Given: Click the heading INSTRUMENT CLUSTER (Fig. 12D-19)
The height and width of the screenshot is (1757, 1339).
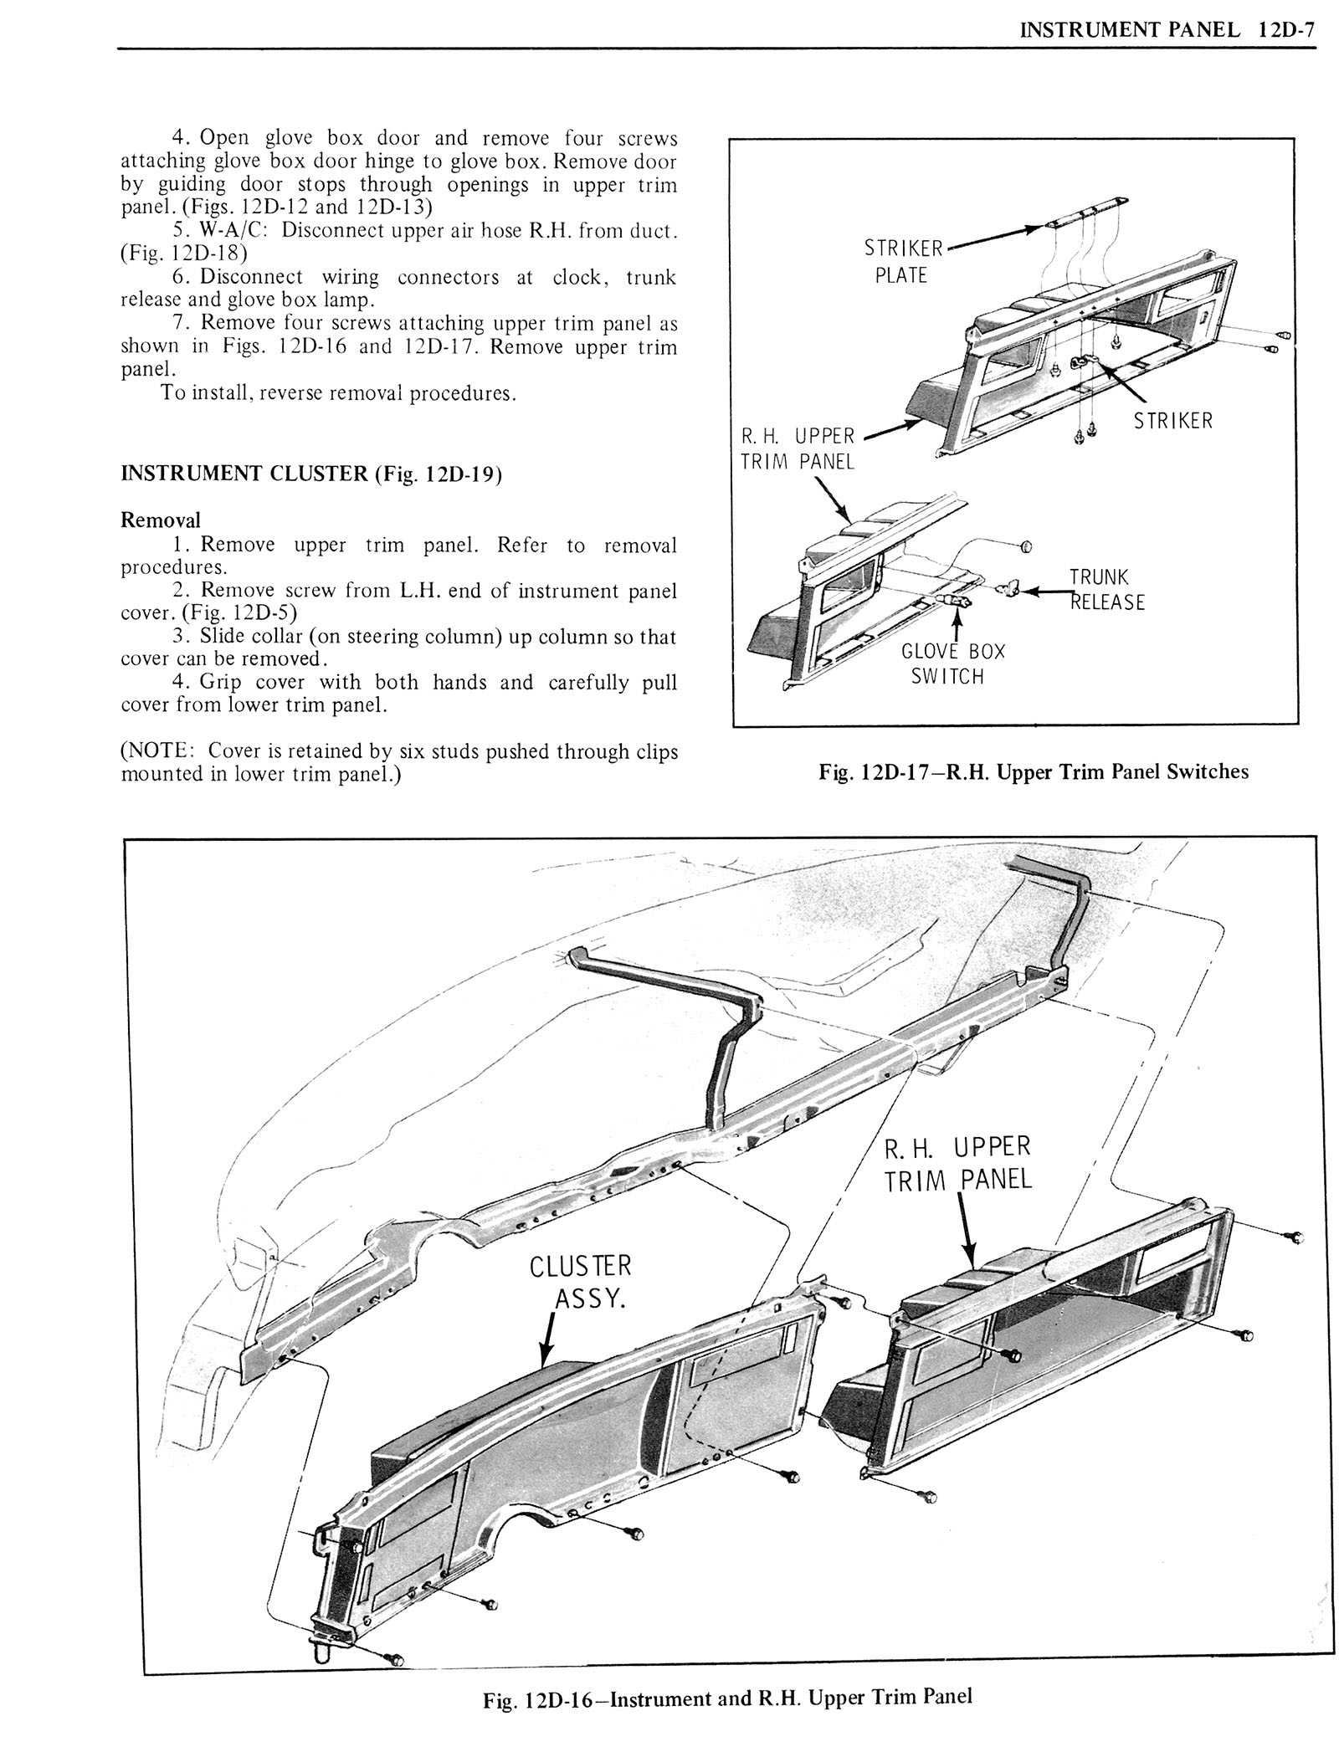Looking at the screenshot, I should click(311, 474).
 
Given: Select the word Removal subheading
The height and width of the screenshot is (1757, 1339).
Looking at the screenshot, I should click(161, 520).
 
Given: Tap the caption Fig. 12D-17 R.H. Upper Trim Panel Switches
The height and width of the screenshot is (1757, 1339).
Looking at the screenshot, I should click(1034, 771).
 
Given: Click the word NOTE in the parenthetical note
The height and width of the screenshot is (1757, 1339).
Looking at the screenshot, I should click(156, 750).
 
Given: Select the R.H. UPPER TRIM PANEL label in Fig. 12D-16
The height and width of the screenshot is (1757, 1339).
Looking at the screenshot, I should click(958, 1162).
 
